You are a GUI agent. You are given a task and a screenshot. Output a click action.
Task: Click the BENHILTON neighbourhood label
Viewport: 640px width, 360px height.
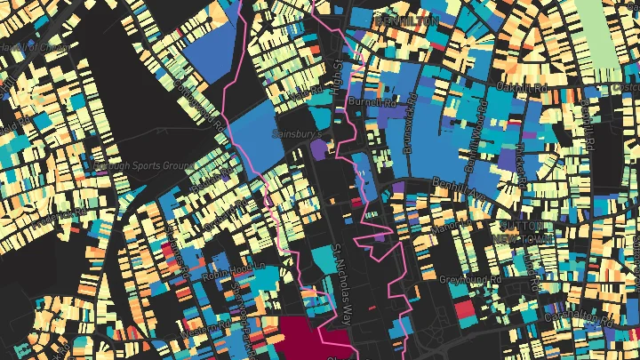tap(408, 19)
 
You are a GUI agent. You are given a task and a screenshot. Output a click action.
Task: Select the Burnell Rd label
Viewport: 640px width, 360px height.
tap(371, 103)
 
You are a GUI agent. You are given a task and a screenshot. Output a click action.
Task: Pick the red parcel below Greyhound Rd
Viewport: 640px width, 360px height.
tap(463, 310)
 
